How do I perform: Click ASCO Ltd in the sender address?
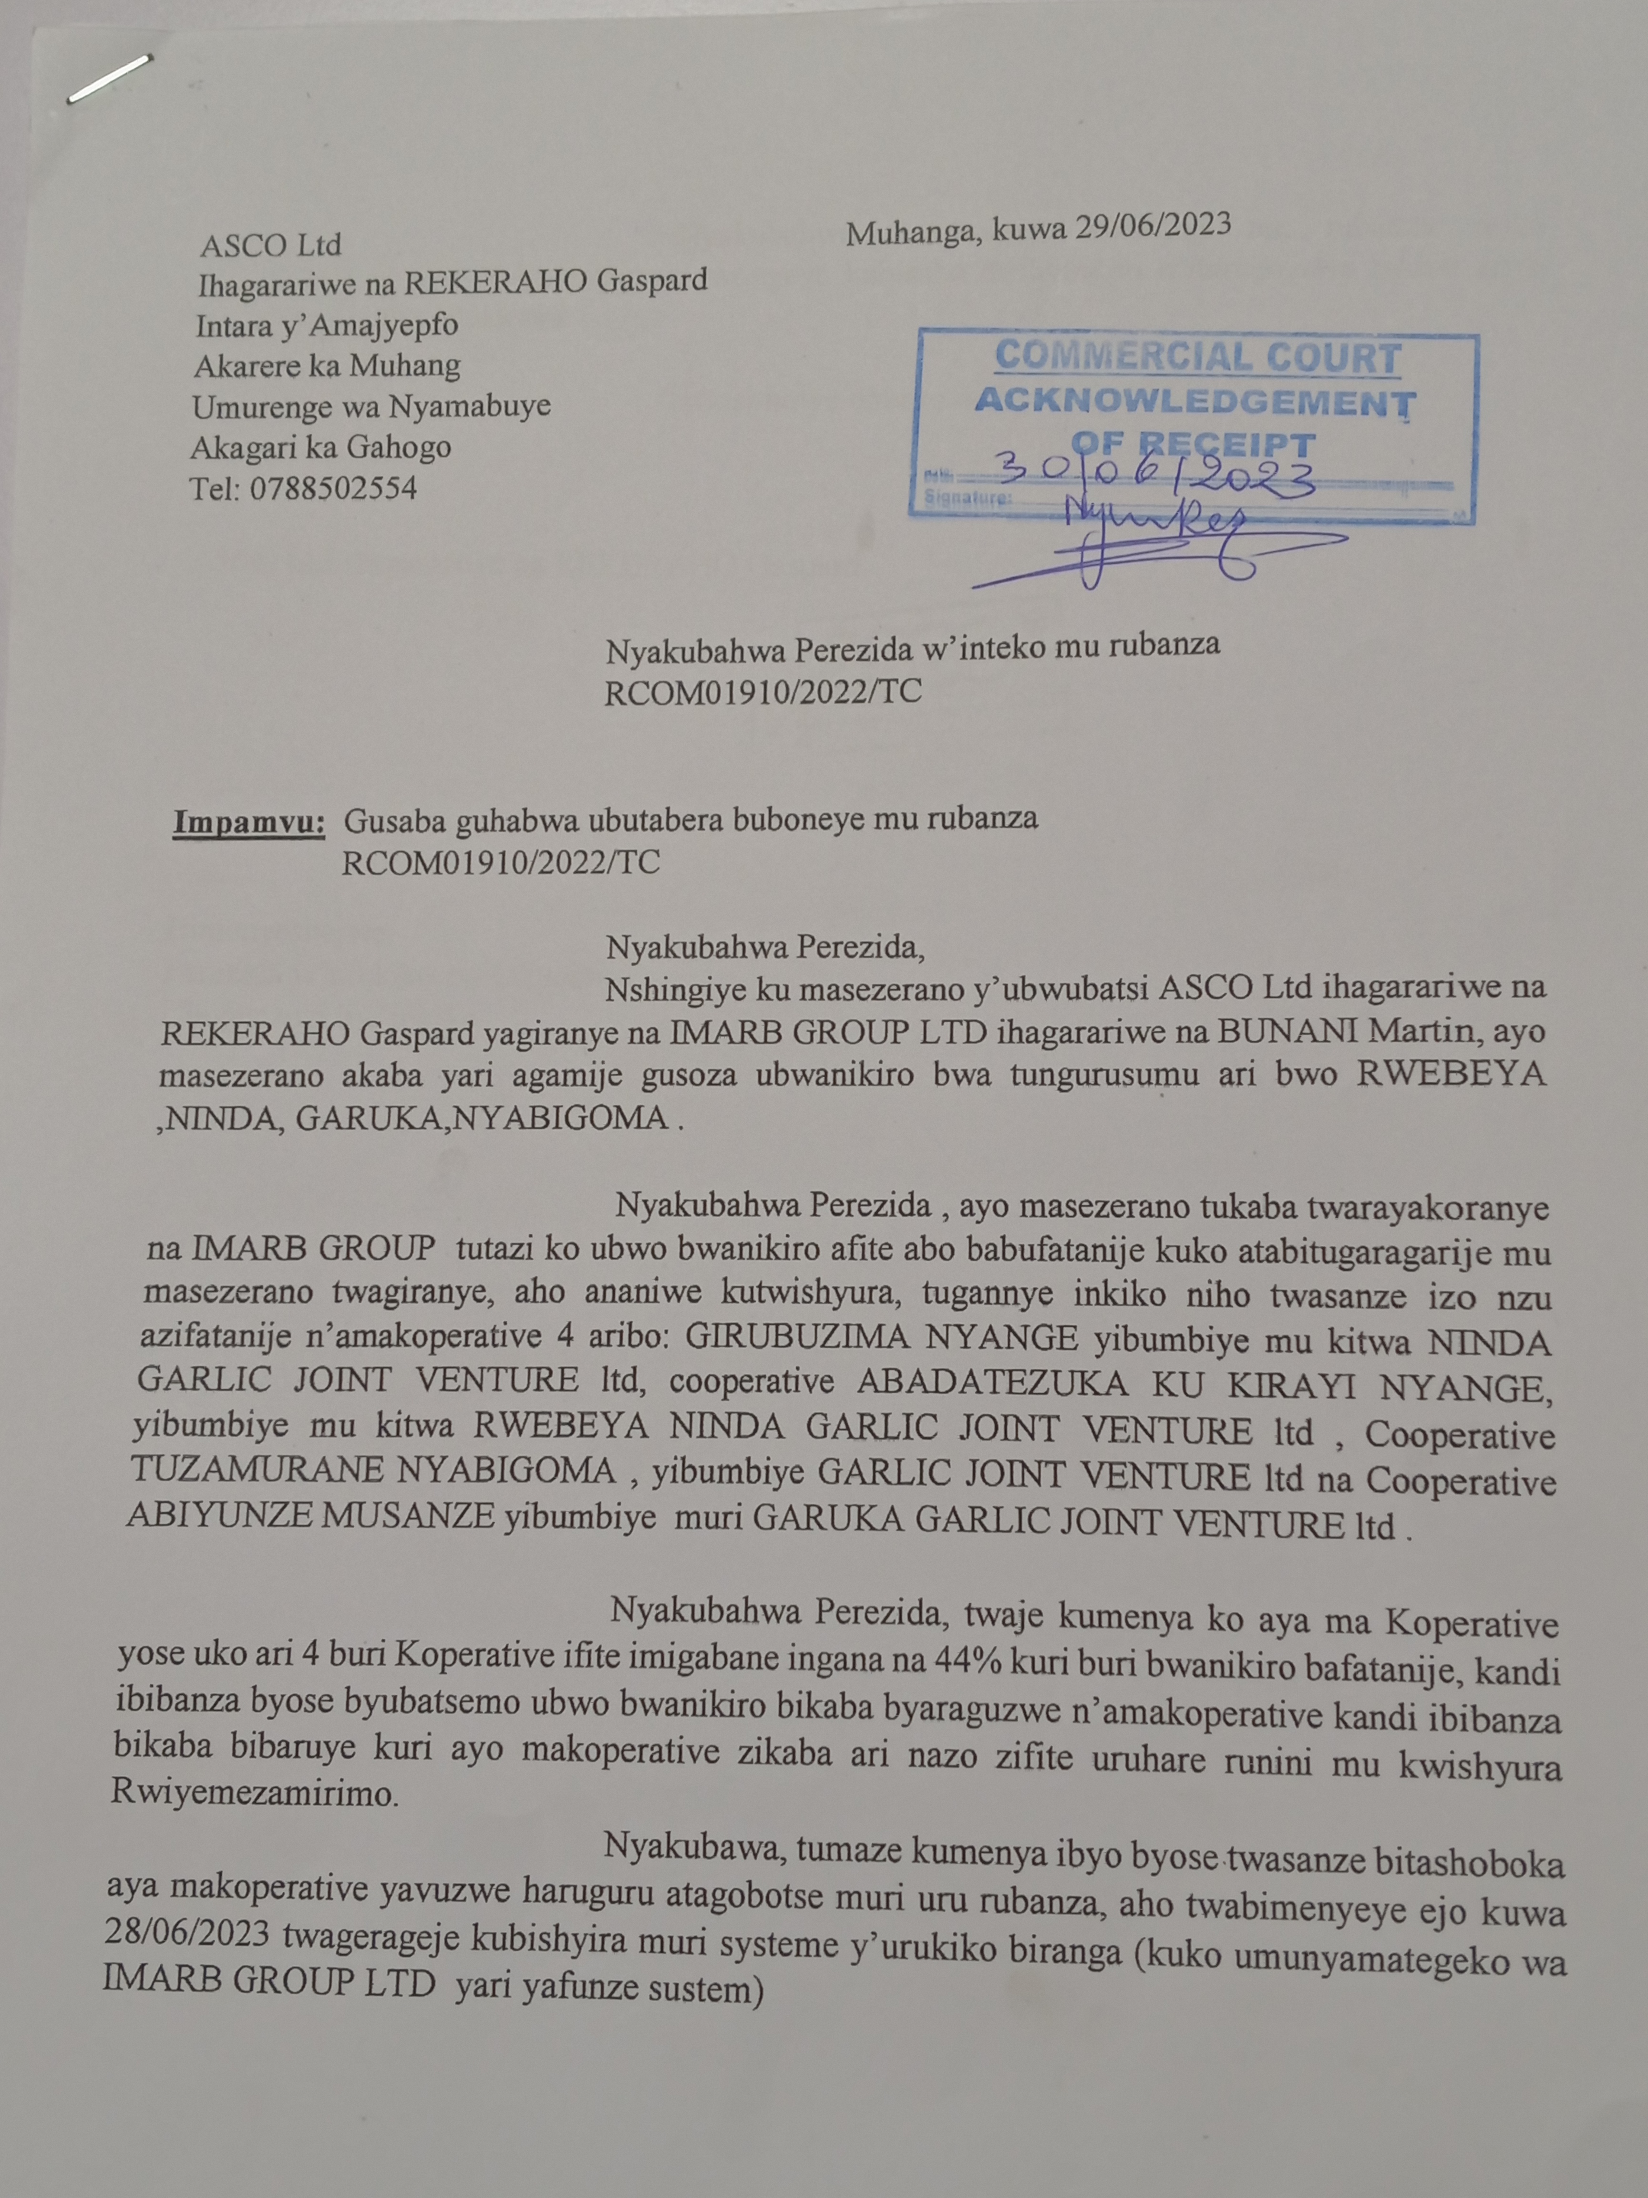270,244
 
